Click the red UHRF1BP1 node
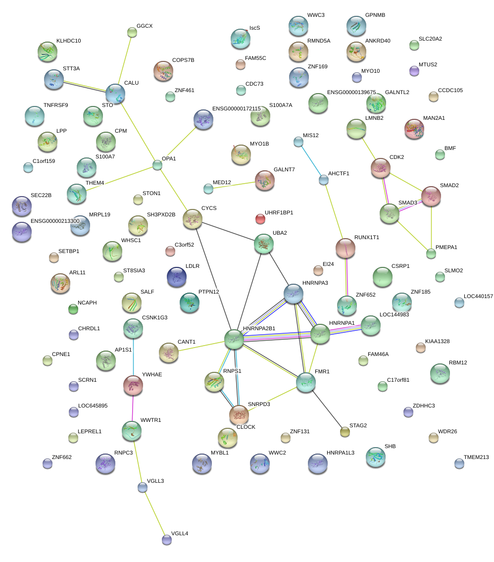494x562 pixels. tap(260, 218)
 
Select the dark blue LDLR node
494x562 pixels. tap(177, 277)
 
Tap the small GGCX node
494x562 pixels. tap(132, 32)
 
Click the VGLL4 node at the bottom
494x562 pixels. tap(167, 540)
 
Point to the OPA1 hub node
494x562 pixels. tap(157, 165)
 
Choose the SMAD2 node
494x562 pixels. tap(431, 196)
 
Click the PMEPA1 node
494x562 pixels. tap(431, 254)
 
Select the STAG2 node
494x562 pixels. tap(345, 432)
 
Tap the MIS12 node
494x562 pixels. tap(298, 142)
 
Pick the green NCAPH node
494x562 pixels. tap(73, 309)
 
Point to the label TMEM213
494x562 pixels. tap(476, 457)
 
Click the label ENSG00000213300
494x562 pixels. tap(55, 221)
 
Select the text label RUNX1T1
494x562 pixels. tap(366, 238)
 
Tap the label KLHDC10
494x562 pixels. tap(68, 41)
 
